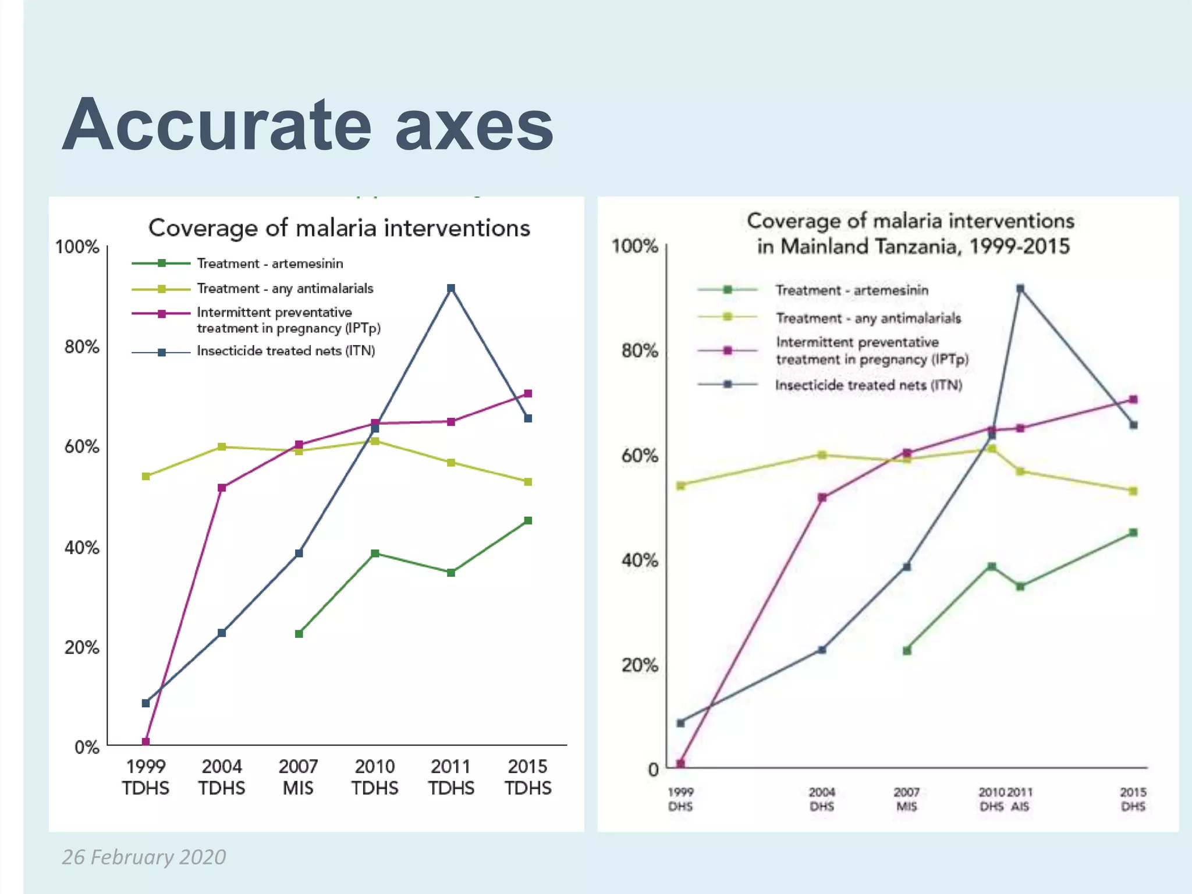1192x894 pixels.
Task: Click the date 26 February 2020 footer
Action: click(144, 857)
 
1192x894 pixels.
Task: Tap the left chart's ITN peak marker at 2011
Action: click(450, 288)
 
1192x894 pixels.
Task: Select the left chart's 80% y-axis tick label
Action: click(81, 347)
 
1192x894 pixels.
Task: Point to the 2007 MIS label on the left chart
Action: click(298, 776)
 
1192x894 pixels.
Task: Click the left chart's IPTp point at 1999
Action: click(146, 742)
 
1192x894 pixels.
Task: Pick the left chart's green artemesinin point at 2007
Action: click(299, 633)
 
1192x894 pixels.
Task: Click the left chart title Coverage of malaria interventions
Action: click(339, 228)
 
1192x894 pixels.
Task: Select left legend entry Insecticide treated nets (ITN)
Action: click(285, 351)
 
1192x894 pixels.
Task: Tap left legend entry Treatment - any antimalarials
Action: click(285, 289)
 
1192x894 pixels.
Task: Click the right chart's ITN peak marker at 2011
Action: click(1020, 288)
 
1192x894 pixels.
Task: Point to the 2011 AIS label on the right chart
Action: click(1020, 799)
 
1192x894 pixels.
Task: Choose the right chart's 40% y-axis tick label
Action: click(639, 560)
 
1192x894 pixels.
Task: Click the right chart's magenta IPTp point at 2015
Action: click(1133, 399)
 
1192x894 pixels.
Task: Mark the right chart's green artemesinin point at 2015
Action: click(1133, 533)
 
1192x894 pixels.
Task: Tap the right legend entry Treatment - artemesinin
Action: click(852, 290)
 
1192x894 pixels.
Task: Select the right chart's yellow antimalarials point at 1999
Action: click(680, 485)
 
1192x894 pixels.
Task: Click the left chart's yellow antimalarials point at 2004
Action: click(222, 446)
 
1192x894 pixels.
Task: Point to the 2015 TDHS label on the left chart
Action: click(527, 776)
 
